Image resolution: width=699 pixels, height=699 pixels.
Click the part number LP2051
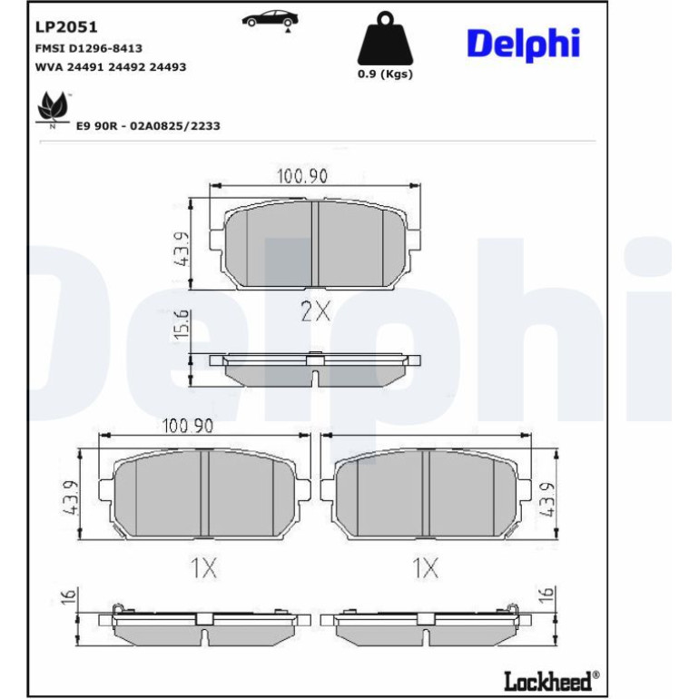point(66,27)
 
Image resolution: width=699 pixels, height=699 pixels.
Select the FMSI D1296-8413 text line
point(89,48)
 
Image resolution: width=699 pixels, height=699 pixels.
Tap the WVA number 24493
point(168,67)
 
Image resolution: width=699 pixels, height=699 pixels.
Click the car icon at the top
point(271,21)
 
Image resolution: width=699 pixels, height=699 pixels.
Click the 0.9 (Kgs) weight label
point(385,74)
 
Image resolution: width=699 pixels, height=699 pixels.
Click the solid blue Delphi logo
point(524,44)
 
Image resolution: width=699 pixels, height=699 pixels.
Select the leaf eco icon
point(53,110)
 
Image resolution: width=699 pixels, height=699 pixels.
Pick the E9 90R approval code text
point(148,126)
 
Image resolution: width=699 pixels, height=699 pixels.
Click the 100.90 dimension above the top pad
point(302,176)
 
